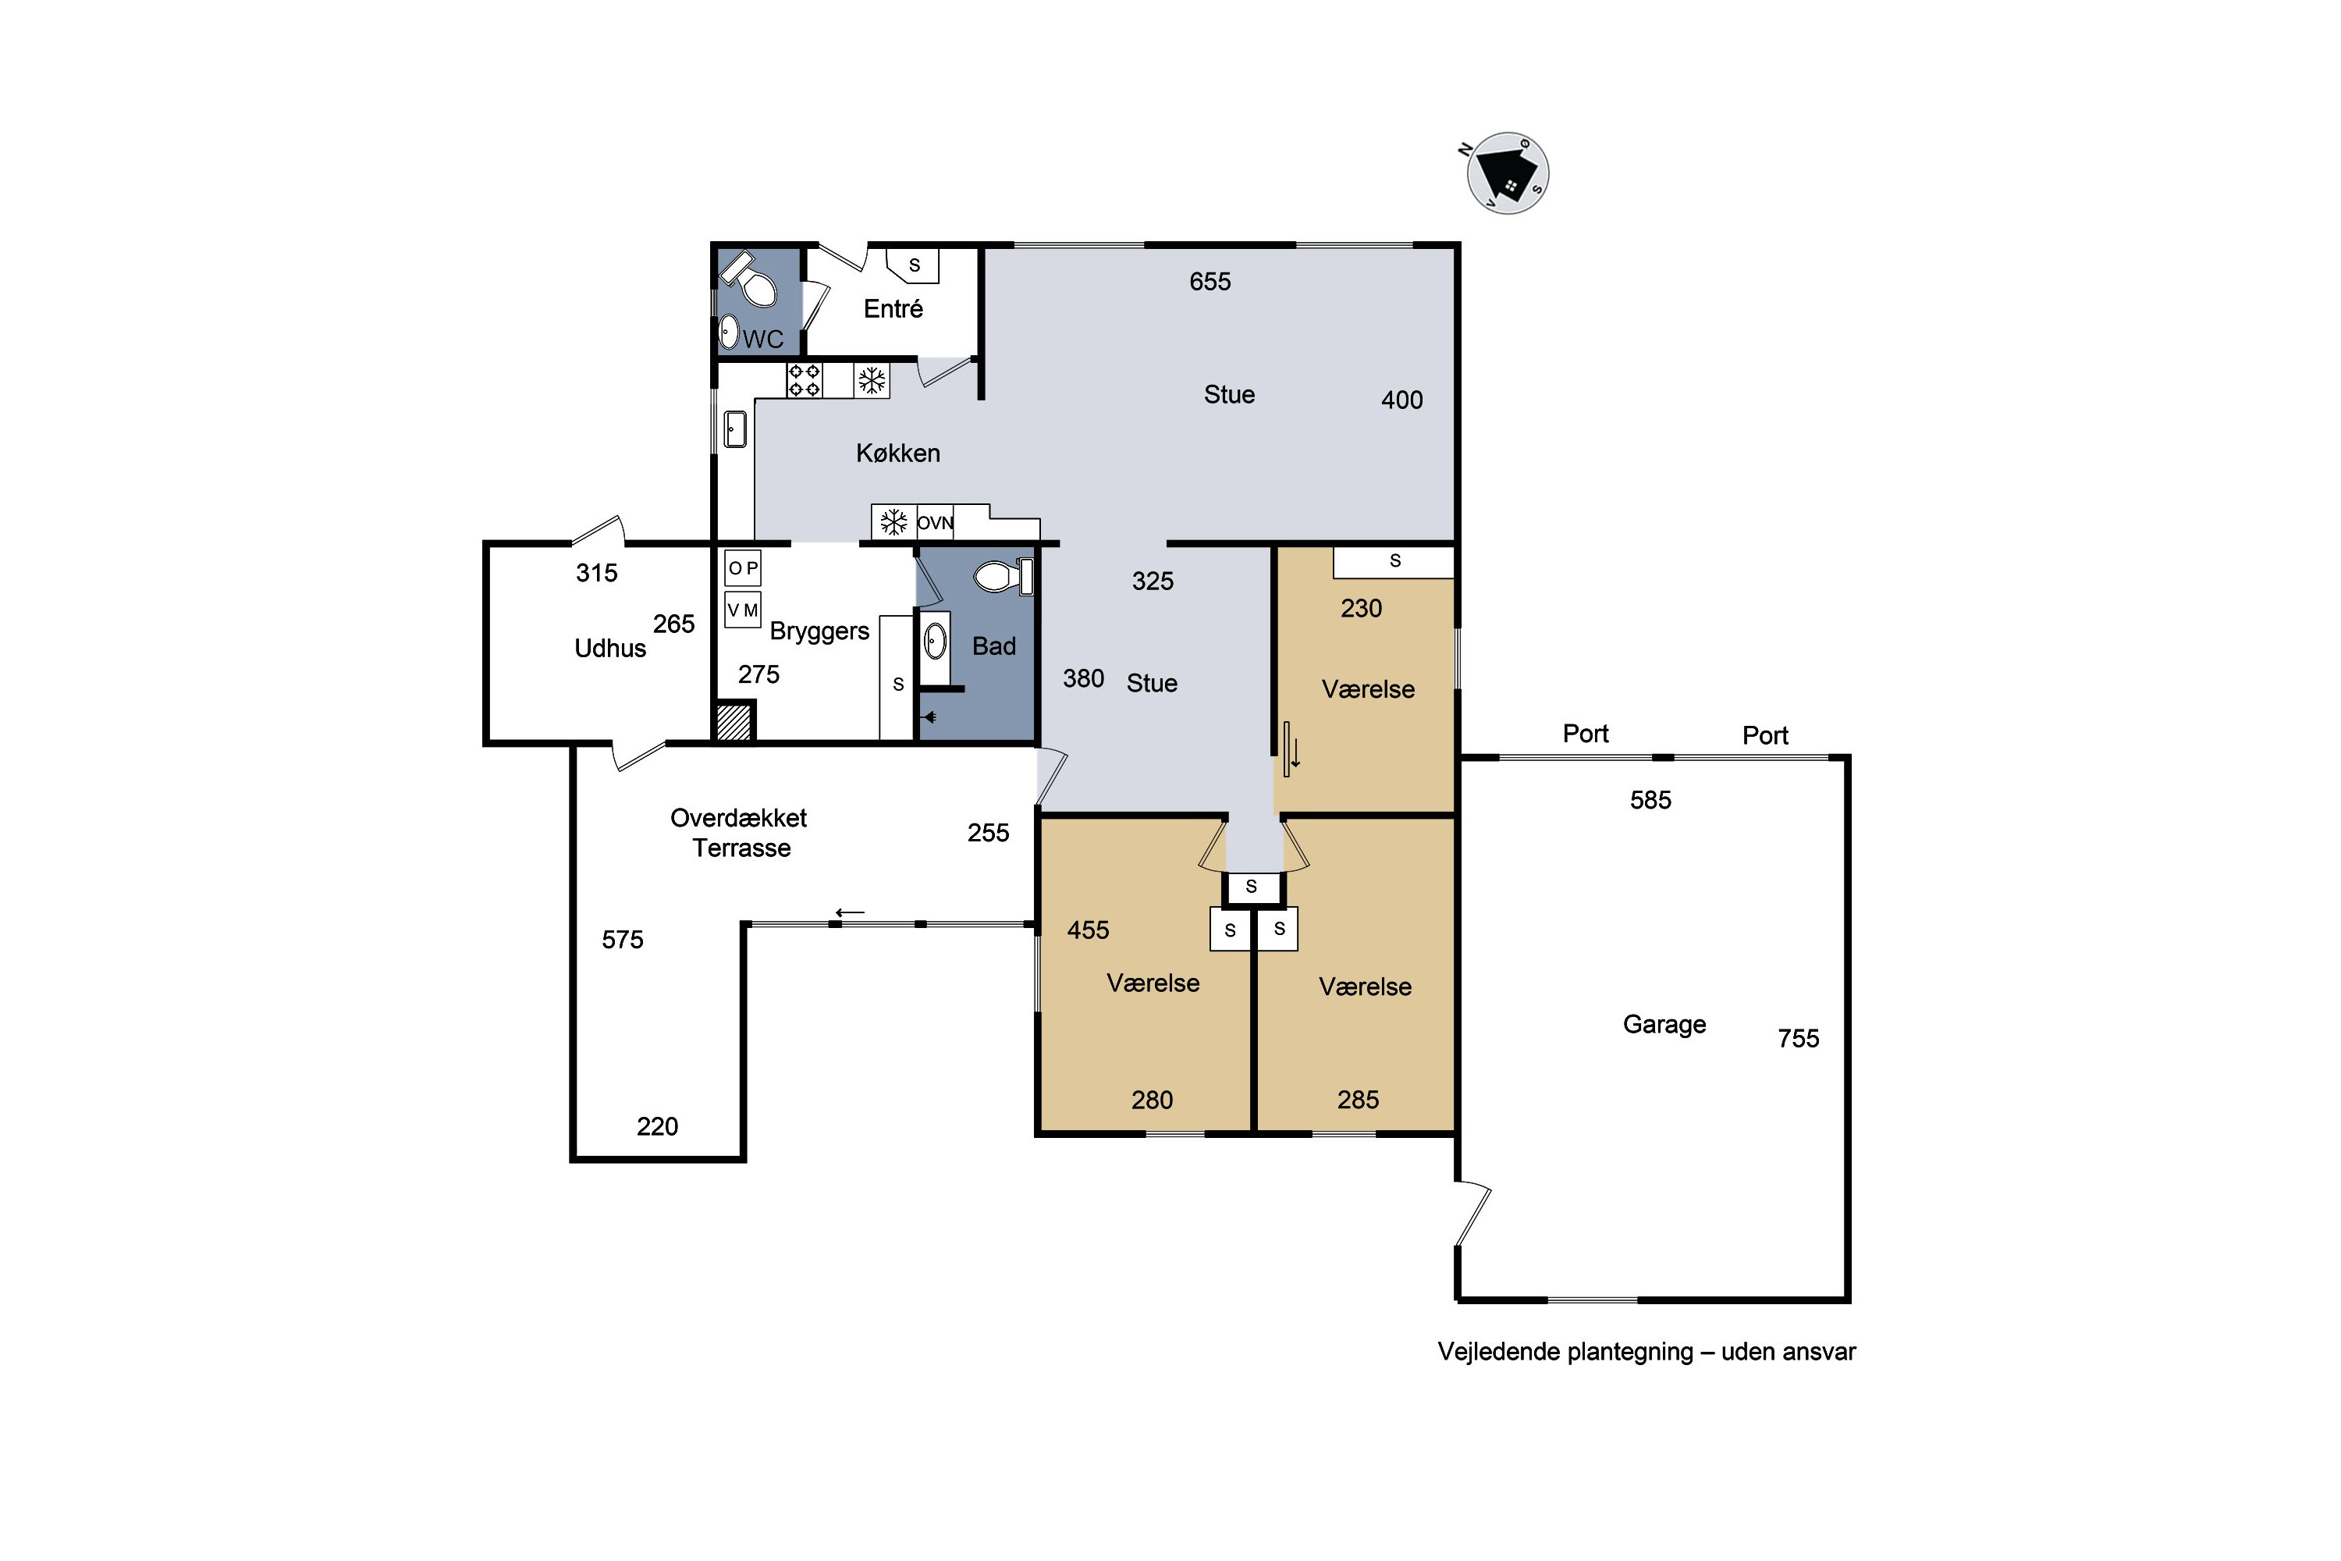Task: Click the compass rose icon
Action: click(1507, 172)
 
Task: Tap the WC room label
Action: click(762, 340)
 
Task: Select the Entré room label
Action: click(893, 308)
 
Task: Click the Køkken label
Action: click(898, 453)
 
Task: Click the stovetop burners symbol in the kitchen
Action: click(805, 380)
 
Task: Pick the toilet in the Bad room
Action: click(1004, 575)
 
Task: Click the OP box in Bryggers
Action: click(743, 568)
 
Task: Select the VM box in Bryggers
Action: click(743, 610)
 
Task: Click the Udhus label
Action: click(610, 648)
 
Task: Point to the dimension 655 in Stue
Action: click(1210, 282)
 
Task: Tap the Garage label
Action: click(1664, 1024)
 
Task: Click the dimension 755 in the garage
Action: click(1799, 1038)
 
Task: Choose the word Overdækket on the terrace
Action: click(738, 818)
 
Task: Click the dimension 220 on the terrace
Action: click(657, 1126)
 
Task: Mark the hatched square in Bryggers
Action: click(734, 722)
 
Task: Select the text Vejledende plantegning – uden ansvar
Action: click(1647, 1352)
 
